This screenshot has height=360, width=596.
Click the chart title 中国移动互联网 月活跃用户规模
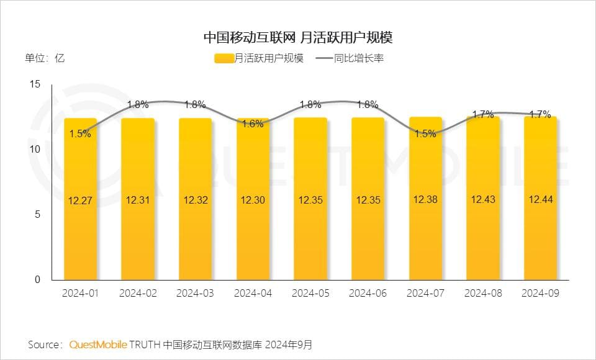[x=298, y=37]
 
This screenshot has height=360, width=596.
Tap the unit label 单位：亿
[x=45, y=59]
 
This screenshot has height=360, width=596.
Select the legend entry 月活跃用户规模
[x=260, y=59]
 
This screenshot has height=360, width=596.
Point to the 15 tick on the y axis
[x=35, y=84]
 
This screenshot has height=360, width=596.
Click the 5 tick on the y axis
[x=37, y=215]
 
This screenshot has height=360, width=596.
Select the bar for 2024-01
[x=80, y=199]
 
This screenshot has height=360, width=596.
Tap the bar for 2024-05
[x=310, y=199]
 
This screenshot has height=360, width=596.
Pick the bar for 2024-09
[x=540, y=199]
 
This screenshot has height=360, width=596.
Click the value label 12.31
[x=138, y=200]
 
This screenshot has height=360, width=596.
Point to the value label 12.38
[x=425, y=200]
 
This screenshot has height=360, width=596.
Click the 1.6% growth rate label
[x=253, y=124]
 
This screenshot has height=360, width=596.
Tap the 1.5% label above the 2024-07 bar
[x=425, y=133]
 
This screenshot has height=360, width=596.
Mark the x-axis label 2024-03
[x=195, y=293]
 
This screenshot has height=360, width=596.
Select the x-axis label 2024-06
[x=368, y=293]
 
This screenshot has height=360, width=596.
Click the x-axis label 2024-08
[x=483, y=293]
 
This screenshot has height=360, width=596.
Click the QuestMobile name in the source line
[x=99, y=344]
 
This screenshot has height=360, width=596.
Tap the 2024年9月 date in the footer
[x=291, y=344]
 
